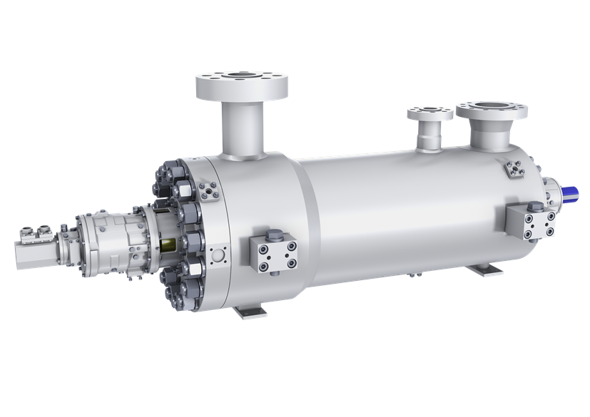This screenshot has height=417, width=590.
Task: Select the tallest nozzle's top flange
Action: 242,83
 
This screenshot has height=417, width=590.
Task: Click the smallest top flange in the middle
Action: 429,113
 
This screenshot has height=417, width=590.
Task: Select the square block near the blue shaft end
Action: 531,222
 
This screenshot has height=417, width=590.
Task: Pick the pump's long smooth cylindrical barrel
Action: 400,207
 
